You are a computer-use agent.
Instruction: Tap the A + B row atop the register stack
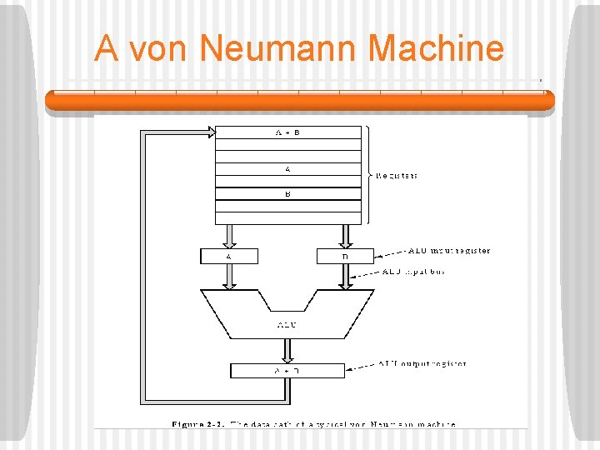coord(287,132)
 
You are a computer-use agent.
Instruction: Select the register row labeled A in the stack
coord(287,169)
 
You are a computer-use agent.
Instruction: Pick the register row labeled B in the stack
coord(287,194)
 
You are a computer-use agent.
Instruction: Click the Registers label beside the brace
coord(397,176)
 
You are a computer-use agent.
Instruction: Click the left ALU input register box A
coord(229,257)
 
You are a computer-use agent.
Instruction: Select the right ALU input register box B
coord(344,257)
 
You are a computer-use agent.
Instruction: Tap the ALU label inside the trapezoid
coord(287,324)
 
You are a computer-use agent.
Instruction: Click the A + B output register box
coord(287,371)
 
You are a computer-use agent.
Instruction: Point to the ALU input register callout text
coord(450,250)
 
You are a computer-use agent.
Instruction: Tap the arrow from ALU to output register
coord(287,351)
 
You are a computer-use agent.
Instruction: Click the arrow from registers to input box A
coord(229,236)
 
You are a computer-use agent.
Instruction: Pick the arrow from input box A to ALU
coord(229,277)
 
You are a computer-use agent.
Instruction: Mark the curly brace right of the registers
coord(367,176)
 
